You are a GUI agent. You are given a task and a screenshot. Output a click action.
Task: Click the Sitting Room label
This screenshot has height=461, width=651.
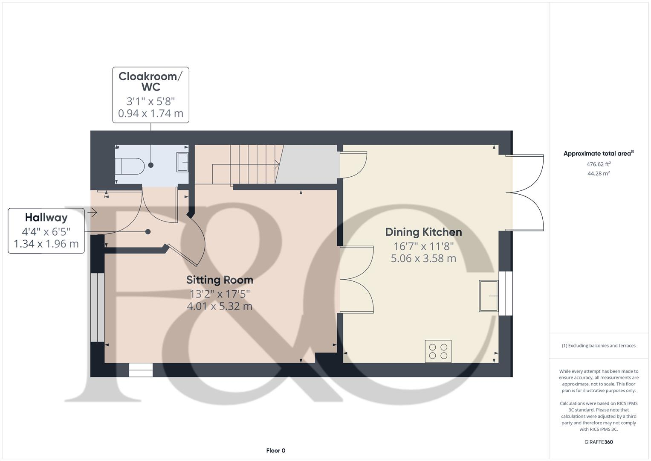click(x=220, y=280)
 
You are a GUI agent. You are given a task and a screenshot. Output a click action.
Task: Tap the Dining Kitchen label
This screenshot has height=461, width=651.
click(x=423, y=232)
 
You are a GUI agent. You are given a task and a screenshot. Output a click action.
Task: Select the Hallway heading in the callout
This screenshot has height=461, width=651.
click(x=46, y=218)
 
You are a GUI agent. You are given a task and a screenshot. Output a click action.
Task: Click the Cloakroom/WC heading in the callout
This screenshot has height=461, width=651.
click(x=150, y=82)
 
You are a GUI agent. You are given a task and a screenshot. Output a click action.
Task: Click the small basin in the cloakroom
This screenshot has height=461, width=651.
click(x=182, y=162)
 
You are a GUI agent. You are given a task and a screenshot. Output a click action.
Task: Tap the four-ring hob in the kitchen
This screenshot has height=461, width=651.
click(x=438, y=351)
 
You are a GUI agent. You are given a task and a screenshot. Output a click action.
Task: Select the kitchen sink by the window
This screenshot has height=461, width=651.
click(x=489, y=295)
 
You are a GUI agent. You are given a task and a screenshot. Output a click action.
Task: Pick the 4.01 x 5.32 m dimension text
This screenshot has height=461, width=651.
click(x=220, y=306)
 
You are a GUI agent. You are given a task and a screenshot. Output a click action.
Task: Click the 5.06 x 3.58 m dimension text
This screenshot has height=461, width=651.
click(x=423, y=258)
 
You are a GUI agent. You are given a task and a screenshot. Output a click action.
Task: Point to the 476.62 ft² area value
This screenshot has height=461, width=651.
click(x=599, y=164)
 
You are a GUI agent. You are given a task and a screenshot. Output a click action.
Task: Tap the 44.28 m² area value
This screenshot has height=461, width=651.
click(x=599, y=173)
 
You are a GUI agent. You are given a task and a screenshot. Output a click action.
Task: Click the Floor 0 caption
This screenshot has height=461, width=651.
click(x=275, y=450)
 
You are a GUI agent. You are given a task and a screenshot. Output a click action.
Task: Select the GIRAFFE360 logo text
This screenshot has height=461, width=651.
click(x=599, y=442)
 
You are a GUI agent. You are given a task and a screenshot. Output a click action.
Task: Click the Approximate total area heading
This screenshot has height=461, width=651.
click(x=599, y=154)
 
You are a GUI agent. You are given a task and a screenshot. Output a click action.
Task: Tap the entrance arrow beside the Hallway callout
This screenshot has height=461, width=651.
click(x=92, y=212)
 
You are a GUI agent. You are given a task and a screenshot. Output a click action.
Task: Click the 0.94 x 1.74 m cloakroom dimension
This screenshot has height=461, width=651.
click(x=150, y=114)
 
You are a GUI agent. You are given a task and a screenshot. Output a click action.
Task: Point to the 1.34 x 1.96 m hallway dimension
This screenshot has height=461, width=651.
click(x=46, y=244)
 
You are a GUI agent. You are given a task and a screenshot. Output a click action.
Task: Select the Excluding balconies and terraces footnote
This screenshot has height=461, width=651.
click(x=599, y=346)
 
